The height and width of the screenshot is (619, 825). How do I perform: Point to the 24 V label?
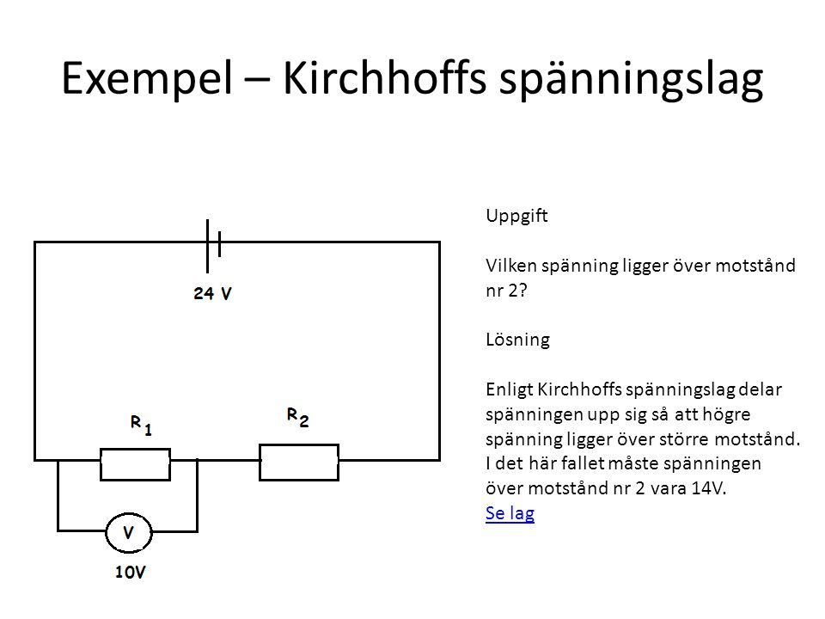click(212, 293)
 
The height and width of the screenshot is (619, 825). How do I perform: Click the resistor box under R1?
click(135, 463)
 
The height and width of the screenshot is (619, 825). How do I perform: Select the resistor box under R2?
click(299, 463)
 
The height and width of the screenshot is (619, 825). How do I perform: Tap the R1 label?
click(141, 425)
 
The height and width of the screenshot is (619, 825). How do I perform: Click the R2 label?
click(297, 418)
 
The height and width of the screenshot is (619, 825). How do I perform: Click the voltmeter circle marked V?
click(129, 533)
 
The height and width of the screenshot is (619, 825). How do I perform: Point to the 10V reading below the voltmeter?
click(131, 572)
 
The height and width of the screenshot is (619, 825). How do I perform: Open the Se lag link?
click(510, 513)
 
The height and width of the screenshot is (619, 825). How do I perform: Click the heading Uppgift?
click(516, 216)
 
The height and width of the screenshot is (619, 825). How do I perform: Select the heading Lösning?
click(517, 339)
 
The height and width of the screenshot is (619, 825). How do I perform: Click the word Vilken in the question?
click(510, 266)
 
